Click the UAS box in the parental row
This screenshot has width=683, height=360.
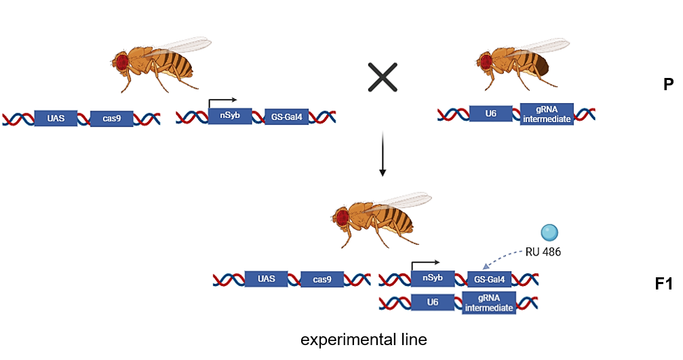pyautogui.click(x=56, y=119)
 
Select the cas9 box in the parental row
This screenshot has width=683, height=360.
pyautogui.click(x=111, y=119)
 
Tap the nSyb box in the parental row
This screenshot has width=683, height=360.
pyautogui.click(x=231, y=117)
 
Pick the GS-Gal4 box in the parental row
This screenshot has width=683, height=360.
pyautogui.click(x=286, y=118)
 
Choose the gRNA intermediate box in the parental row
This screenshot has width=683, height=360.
pyautogui.click(x=547, y=114)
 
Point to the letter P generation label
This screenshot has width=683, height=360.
pyautogui.click(x=668, y=85)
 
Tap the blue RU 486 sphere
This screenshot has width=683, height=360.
pyautogui.click(x=550, y=233)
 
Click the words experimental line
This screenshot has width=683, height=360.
pyautogui.click(x=364, y=340)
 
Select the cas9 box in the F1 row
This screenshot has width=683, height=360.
pyautogui.click(x=322, y=279)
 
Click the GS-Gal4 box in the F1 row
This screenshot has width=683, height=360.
pyautogui.click(x=489, y=279)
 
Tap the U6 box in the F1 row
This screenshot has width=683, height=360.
pyautogui.click(x=433, y=302)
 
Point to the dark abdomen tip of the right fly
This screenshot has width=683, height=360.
pyautogui.click(x=542, y=68)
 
